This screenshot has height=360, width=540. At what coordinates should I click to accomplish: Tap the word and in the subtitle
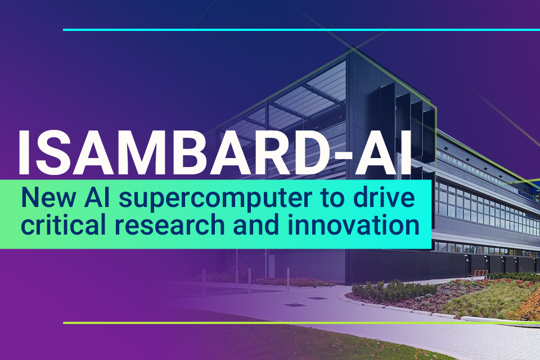[x=238, y=225]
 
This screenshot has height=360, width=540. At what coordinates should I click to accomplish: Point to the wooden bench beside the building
[x=479, y=273]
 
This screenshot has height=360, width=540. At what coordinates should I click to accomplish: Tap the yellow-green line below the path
[x=281, y=323]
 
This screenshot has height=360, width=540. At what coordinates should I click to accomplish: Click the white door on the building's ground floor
[x=272, y=262]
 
